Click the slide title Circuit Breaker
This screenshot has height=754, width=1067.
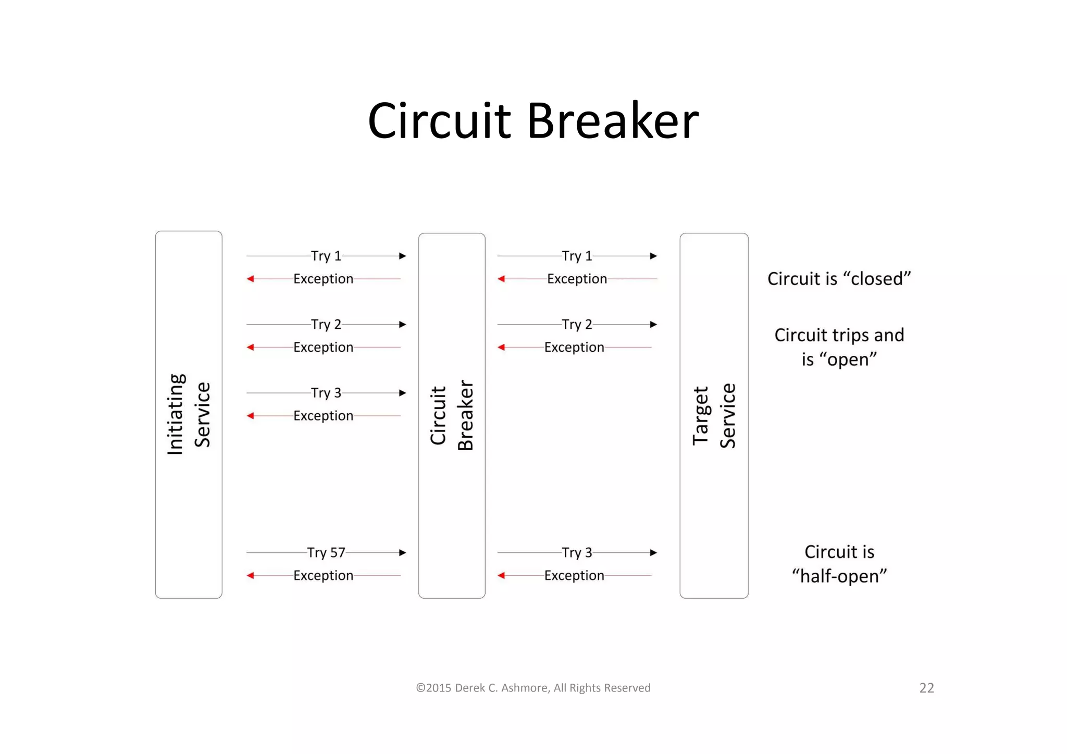532,121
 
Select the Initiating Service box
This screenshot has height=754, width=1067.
189,414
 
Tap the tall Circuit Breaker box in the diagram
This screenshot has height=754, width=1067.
452,415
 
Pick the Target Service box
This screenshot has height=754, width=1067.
714,415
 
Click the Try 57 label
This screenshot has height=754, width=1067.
326,552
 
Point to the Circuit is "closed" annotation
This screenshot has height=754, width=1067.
839,279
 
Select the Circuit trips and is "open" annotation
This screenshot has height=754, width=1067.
839,347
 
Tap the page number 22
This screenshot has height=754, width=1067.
926,688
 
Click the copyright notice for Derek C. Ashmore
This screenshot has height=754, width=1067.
533,688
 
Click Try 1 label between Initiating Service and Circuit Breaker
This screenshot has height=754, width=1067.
326,256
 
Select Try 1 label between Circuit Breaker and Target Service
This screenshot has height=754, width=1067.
577,256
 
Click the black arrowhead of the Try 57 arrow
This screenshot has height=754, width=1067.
402,552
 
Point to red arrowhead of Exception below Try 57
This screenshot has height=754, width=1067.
251,575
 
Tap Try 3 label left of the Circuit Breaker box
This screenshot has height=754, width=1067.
326,393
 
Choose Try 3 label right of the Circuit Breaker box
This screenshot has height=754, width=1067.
577,552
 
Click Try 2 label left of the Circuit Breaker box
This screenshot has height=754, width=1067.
326,324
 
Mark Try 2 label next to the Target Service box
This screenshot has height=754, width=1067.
577,324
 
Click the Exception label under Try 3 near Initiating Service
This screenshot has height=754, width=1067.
323,416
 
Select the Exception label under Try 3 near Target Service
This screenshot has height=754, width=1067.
574,575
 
